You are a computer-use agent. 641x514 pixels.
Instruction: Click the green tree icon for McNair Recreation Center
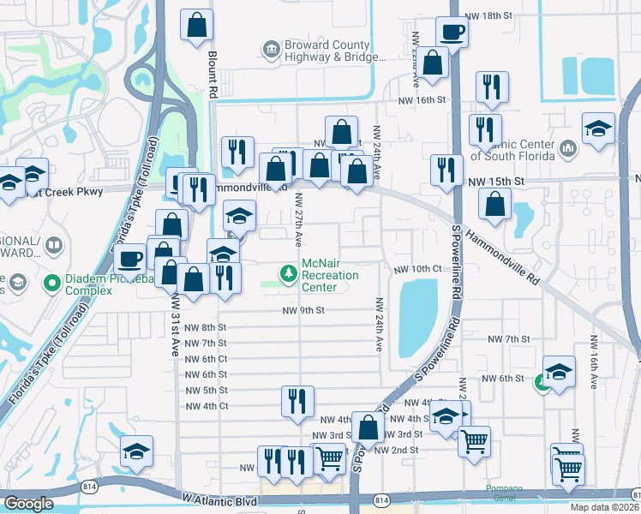[x=290, y=273]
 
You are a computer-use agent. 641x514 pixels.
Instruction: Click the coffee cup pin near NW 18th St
[x=452, y=32]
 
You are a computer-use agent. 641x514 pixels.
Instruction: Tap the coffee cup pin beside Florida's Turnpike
[x=131, y=258]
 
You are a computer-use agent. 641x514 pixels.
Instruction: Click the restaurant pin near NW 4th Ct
[x=297, y=401]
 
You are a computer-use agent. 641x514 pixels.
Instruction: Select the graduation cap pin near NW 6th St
[x=559, y=372]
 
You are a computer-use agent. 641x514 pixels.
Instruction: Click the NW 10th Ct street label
[x=417, y=269]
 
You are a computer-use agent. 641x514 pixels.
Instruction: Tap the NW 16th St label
[x=422, y=99]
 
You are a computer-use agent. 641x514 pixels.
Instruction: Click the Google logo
[x=29, y=504]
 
